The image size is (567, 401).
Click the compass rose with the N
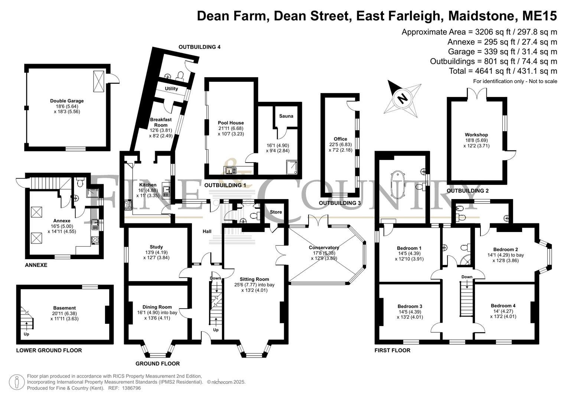(x=403, y=98)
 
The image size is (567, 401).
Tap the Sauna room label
(x=286, y=116)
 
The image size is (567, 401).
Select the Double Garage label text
(x=67, y=101)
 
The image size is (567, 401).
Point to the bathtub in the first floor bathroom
(x=398, y=185)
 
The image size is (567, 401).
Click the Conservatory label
(x=324, y=247)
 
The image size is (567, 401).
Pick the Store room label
(x=276, y=212)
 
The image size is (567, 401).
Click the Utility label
(x=172, y=89)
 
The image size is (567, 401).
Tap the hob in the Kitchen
(x=128, y=205)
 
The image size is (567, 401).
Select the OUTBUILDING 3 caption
(x=340, y=203)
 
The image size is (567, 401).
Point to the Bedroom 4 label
(x=503, y=306)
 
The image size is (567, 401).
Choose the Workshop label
(x=476, y=135)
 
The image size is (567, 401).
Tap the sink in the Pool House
(x=230, y=171)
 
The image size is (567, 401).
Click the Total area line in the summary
(x=503, y=71)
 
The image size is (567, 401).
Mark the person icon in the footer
(x=17, y=382)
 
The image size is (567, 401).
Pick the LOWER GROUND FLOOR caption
(x=49, y=351)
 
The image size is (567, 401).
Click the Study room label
(x=156, y=247)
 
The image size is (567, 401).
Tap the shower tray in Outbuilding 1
(x=292, y=167)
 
